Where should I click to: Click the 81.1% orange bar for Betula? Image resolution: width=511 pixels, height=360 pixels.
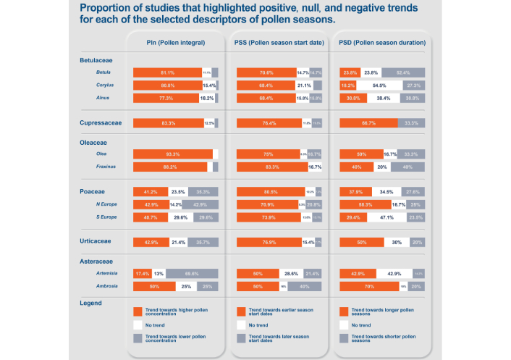pos(167,72)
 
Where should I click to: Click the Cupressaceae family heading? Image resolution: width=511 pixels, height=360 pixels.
pos(101,123)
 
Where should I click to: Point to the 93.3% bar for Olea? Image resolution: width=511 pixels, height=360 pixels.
pos(173,154)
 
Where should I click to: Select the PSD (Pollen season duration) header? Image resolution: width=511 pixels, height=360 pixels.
pos(382,43)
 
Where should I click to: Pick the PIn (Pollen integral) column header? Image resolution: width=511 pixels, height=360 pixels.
pos(175,43)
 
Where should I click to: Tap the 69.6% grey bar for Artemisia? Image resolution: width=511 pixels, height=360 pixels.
pos(192,274)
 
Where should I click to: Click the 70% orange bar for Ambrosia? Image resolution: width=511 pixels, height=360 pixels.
pos(370,286)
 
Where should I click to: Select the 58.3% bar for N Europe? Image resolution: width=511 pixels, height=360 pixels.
pos(365,204)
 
